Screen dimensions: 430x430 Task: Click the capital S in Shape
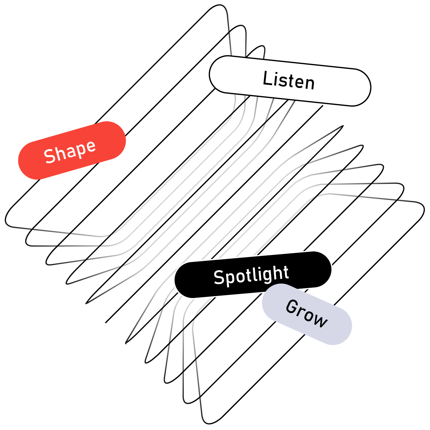point(50,156)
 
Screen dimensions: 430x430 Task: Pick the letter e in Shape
point(90,147)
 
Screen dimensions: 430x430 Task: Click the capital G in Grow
point(292,307)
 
